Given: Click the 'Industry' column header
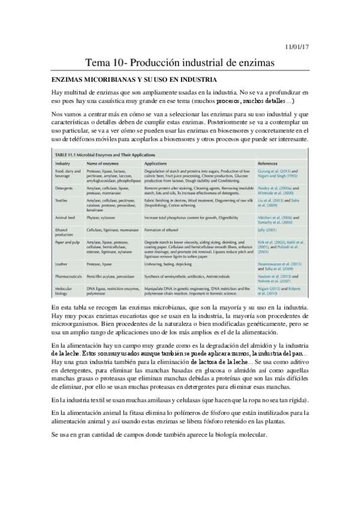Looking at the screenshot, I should (63, 164).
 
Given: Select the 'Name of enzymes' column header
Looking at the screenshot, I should (102, 164).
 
